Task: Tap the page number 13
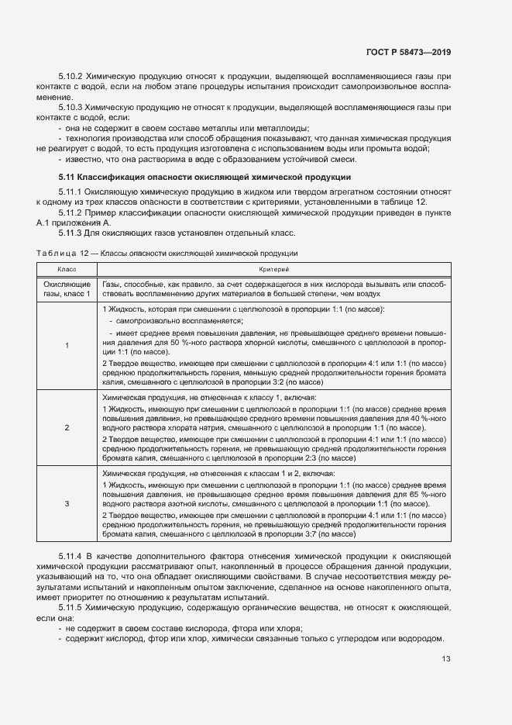446,659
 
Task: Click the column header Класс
67,268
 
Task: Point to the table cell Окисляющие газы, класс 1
67,289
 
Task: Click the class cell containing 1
67,345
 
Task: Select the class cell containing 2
67,427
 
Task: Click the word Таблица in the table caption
53,253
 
